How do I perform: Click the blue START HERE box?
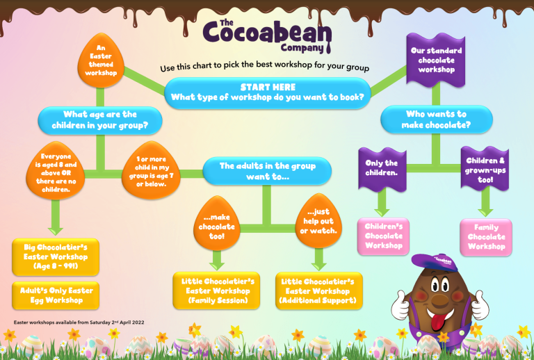pos(268,92)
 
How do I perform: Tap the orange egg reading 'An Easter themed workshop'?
pos(101,60)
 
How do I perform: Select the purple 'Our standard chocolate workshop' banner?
pos(436,60)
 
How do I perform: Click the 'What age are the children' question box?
pos(100,120)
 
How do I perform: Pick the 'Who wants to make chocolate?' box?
pos(436,120)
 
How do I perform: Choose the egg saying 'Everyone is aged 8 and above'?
pos(56,171)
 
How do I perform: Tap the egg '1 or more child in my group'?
pos(151,170)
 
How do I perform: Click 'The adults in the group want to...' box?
pos(267,171)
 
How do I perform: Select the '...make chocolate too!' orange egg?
pos(217,224)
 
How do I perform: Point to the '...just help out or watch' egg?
pos(318,221)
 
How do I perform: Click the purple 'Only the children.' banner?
pos(382,169)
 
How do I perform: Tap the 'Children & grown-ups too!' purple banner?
pos(485,169)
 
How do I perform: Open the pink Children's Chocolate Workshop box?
pos(384,236)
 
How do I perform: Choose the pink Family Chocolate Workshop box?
pos(486,237)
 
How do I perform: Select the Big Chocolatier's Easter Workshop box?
pos(56,257)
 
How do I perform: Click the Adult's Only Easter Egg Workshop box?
pos(56,295)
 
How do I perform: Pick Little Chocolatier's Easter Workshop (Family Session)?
pos(217,291)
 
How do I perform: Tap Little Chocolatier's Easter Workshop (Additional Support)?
pos(318,291)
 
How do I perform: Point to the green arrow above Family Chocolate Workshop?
pos(485,203)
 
